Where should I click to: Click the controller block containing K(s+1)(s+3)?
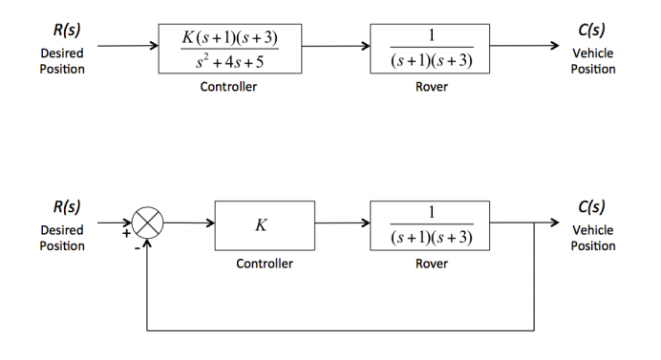(x=229, y=49)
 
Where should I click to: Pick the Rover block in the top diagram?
(x=431, y=49)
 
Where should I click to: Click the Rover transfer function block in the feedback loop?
(x=431, y=225)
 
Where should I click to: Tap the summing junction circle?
(x=147, y=224)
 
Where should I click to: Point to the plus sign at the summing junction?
(x=124, y=232)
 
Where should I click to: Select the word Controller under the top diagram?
(x=228, y=87)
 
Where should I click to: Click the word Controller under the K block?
(x=265, y=264)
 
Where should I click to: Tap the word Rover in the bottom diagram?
(x=432, y=264)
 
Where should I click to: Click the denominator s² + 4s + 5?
(x=228, y=61)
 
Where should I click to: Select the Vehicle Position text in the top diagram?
(x=593, y=61)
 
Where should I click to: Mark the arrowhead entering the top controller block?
(x=153, y=45)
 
